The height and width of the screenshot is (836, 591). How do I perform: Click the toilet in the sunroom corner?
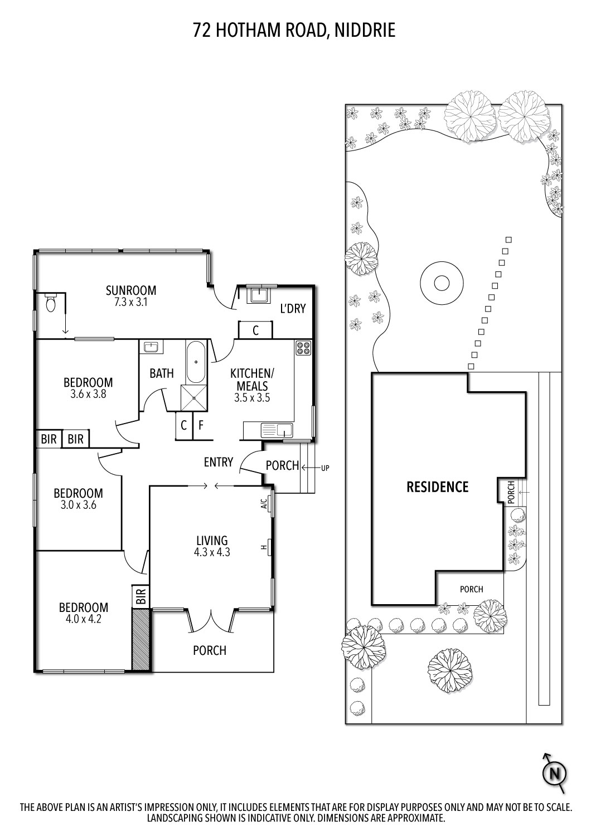tap(51, 303)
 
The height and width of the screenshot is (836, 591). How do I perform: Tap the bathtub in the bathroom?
tap(195, 361)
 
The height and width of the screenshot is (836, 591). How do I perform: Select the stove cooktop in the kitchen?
tap(304, 348)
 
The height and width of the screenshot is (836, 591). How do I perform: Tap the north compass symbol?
tap(554, 774)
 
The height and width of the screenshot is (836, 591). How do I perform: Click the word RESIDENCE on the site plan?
tap(437, 487)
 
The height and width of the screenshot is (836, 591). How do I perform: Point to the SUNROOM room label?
tap(131, 290)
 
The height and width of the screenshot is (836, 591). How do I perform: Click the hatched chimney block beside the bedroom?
tap(141, 639)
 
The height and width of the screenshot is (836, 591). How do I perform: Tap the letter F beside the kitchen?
tap(201, 426)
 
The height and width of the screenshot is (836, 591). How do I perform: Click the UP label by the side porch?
tap(325, 468)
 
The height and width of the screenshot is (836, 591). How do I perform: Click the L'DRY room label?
tap(293, 309)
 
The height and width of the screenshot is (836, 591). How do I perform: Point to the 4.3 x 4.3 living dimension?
tap(212, 553)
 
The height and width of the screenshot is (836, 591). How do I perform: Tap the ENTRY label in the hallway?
tap(218, 462)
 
